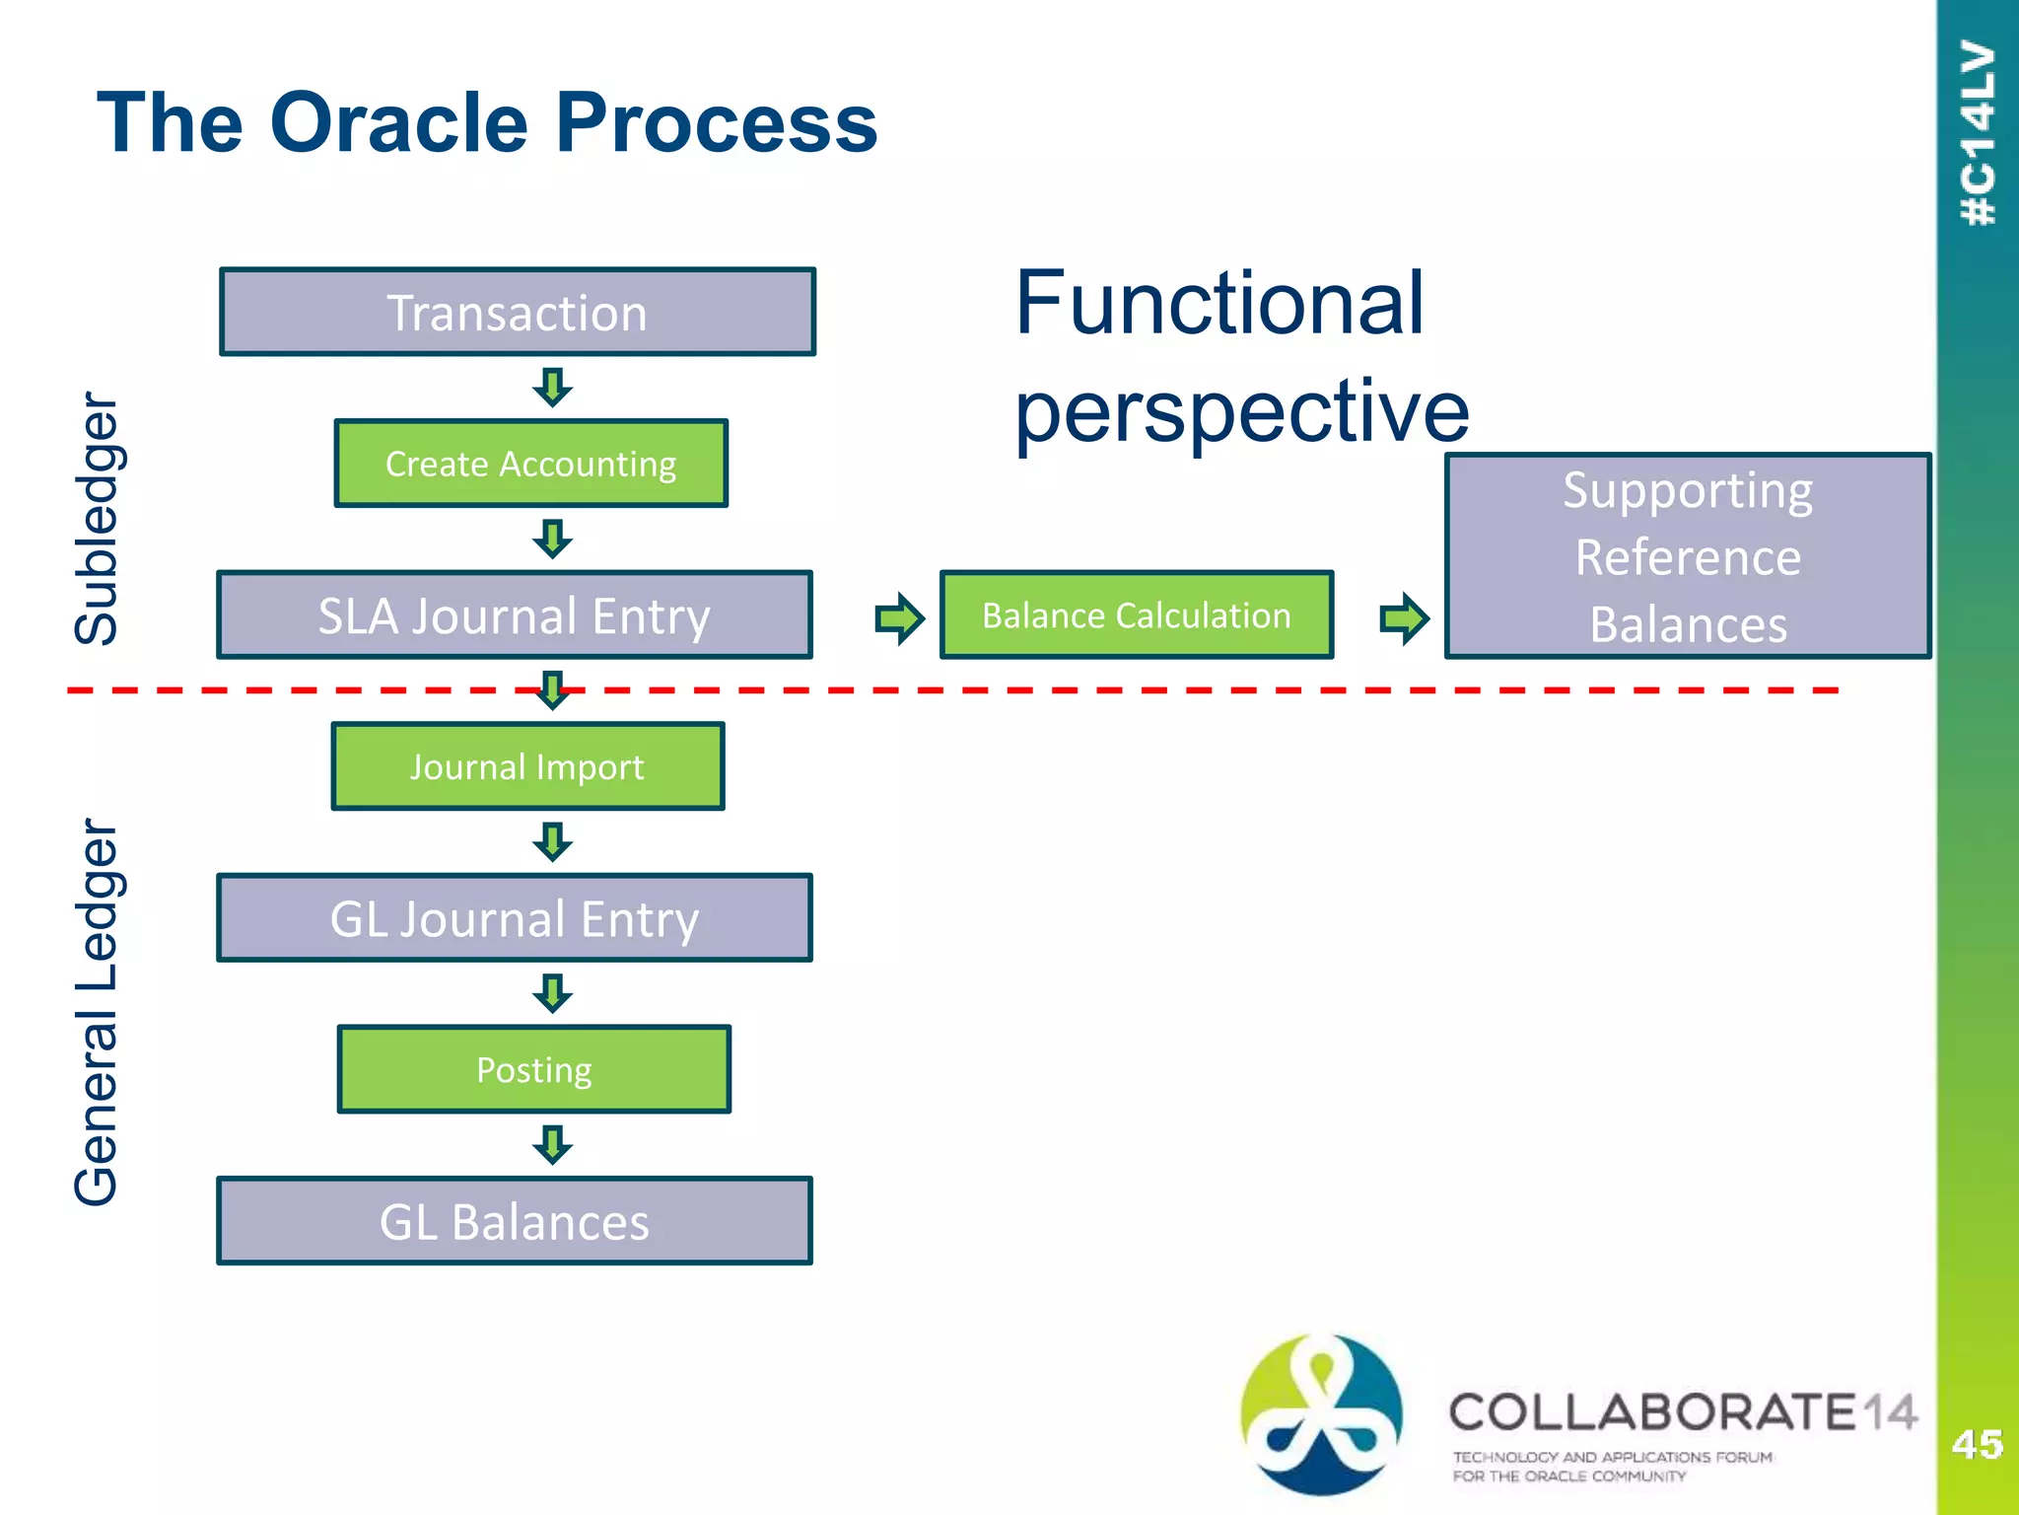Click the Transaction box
(518, 312)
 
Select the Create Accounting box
(530, 464)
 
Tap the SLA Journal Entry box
(514, 614)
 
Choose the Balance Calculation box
(1136, 614)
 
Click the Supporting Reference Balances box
(1687, 556)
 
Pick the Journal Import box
(527, 766)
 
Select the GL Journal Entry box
(514, 917)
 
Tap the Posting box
(533, 1069)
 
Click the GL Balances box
(514, 1221)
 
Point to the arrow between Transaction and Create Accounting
(553, 388)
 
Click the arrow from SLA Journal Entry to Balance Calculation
(899, 618)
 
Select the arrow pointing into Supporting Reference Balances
(1404, 618)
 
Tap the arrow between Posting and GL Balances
(553, 1145)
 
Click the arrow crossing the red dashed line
(553, 690)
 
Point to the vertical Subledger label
(98, 518)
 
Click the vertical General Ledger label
(98, 1011)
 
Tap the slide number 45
(1977, 1444)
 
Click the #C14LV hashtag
(1978, 133)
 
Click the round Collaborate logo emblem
(1321, 1412)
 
